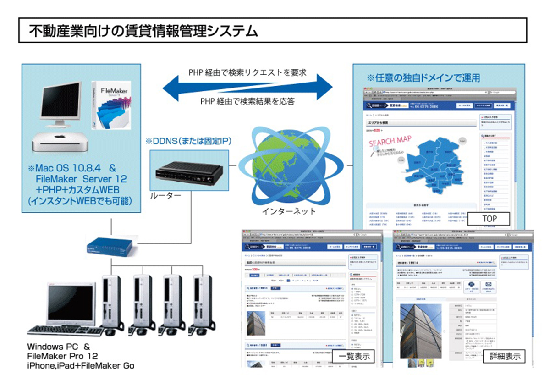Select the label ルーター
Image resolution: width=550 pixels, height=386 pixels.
click(166, 196)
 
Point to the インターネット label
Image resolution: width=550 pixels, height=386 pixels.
click(289, 211)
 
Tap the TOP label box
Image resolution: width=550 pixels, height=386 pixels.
click(489, 219)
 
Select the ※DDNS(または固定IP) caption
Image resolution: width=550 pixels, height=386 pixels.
click(188, 141)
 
